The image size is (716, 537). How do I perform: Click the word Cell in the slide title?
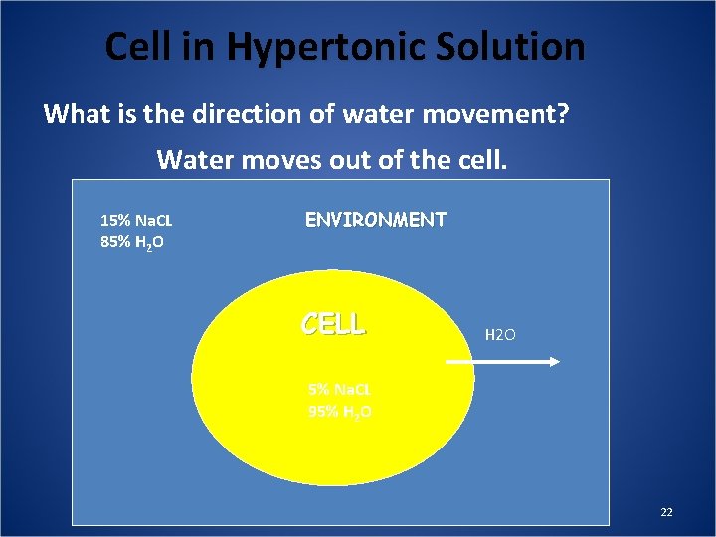click(x=135, y=47)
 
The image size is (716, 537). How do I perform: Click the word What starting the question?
click(x=78, y=114)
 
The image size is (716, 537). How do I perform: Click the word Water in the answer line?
click(x=193, y=159)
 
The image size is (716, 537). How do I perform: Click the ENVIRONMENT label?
click(x=375, y=219)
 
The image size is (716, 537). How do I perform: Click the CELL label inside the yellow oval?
click(x=333, y=324)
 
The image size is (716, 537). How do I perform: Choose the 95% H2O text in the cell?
click(x=340, y=411)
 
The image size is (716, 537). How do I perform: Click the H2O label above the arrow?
click(x=500, y=336)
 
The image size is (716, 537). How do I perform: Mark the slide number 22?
click(x=666, y=512)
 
